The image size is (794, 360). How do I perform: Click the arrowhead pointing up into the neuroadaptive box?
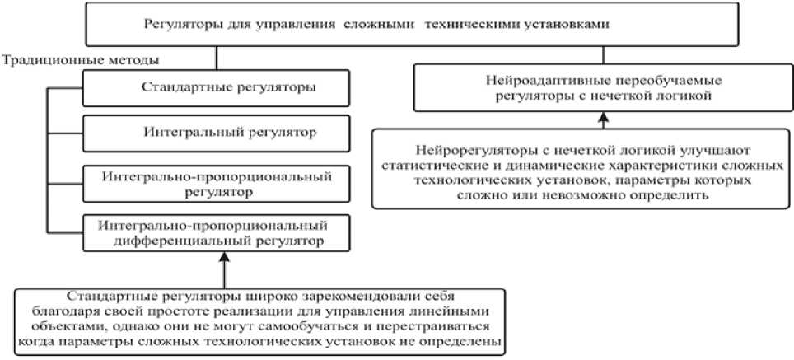pyautogui.click(x=605, y=119)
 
